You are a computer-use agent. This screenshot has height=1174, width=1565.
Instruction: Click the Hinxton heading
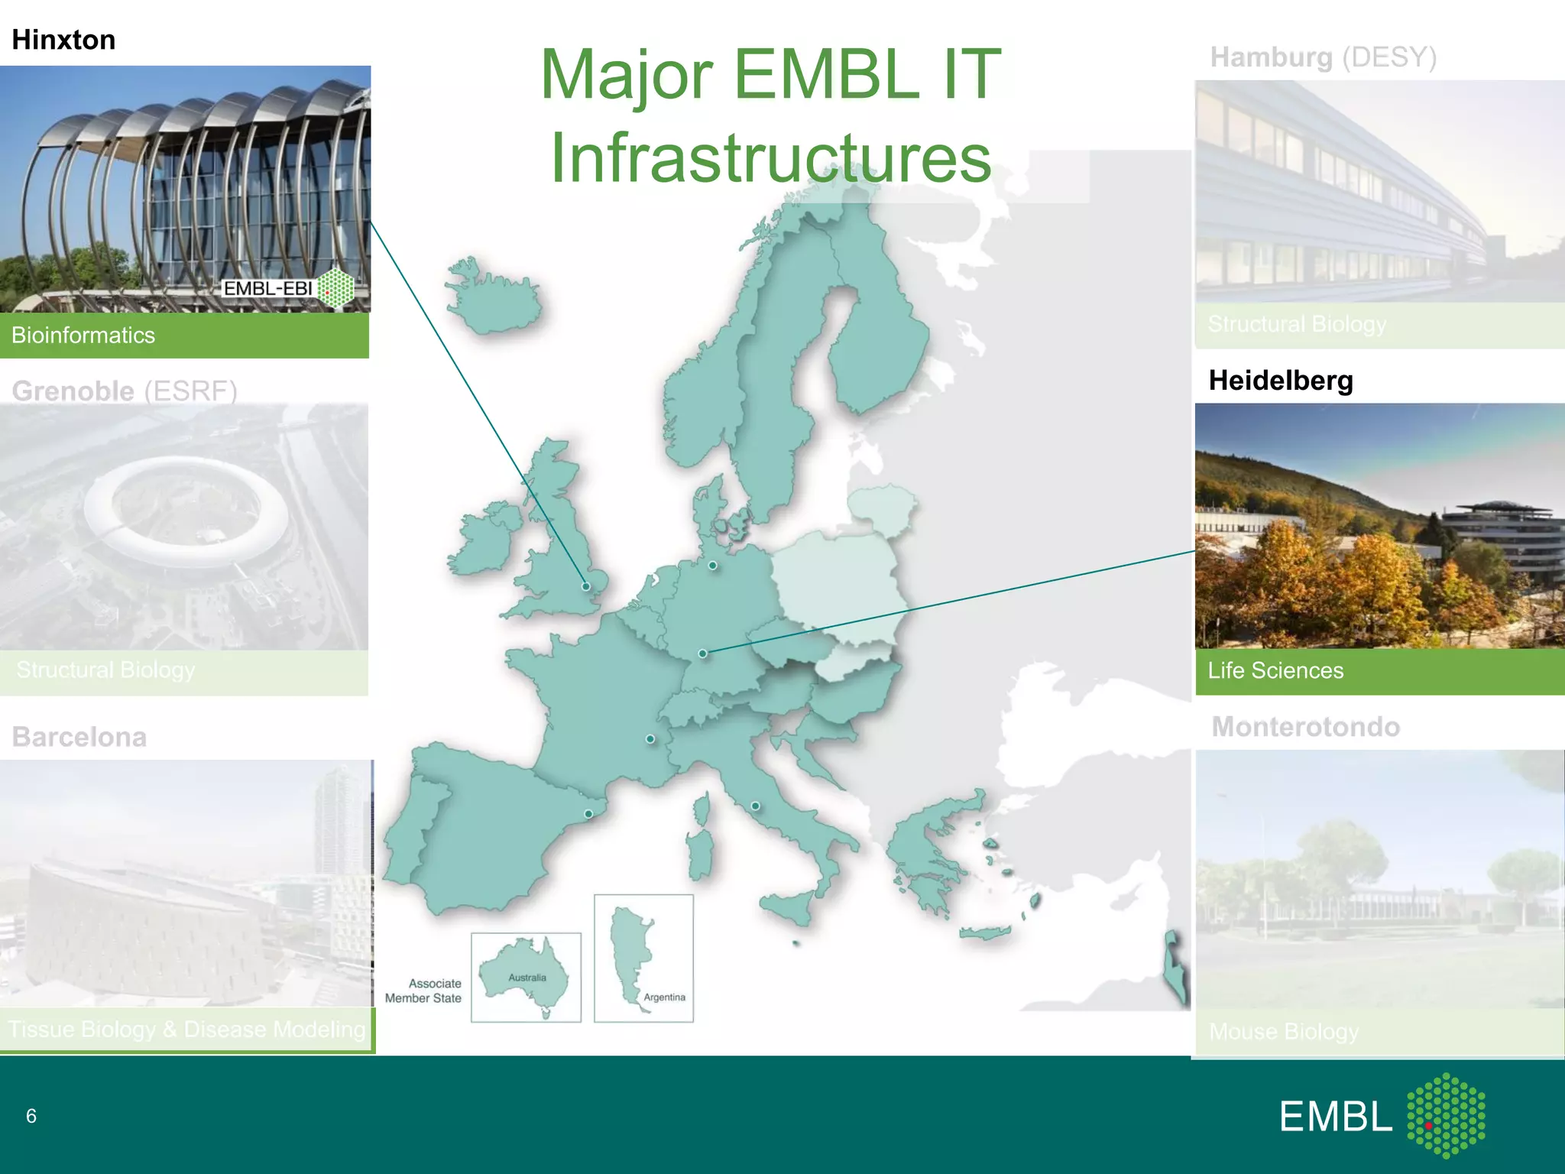(x=63, y=40)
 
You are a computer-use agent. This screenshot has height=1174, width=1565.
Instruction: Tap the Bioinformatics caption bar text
(x=83, y=336)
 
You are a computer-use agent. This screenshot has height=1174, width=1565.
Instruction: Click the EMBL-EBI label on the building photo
(x=268, y=288)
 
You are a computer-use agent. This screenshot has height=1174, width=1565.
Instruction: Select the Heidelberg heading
(x=1281, y=381)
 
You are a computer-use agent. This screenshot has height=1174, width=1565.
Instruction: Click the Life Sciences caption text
(x=1275, y=670)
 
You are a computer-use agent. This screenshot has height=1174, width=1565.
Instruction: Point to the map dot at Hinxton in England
(x=586, y=586)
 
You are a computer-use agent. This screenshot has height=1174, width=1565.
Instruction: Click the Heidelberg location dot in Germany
(x=703, y=653)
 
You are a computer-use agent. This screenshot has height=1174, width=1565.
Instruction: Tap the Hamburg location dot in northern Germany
(x=712, y=566)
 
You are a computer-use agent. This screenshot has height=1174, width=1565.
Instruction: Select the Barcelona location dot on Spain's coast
(x=588, y=814)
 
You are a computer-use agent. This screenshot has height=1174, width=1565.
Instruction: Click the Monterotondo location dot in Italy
(x=755, y=806)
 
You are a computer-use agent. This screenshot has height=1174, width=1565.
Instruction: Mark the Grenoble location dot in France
(x=650, y=739)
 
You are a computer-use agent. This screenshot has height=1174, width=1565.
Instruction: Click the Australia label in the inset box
(x=527, y=978)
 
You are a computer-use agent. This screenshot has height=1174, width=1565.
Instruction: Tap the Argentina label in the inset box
(x=664, y=997)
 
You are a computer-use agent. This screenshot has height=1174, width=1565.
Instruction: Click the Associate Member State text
(x=424, y=991)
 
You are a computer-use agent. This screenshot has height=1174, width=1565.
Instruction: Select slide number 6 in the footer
(x=31, y=1116)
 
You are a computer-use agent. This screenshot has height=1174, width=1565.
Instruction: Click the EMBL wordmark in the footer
(x=1337, y=1117)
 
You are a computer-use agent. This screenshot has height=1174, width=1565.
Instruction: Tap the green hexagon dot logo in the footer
(x=1446, y=1115)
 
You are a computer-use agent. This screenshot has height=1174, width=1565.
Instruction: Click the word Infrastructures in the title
(x=771, y=158)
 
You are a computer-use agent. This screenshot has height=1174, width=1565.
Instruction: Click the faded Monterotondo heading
(x=1306, y=727)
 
